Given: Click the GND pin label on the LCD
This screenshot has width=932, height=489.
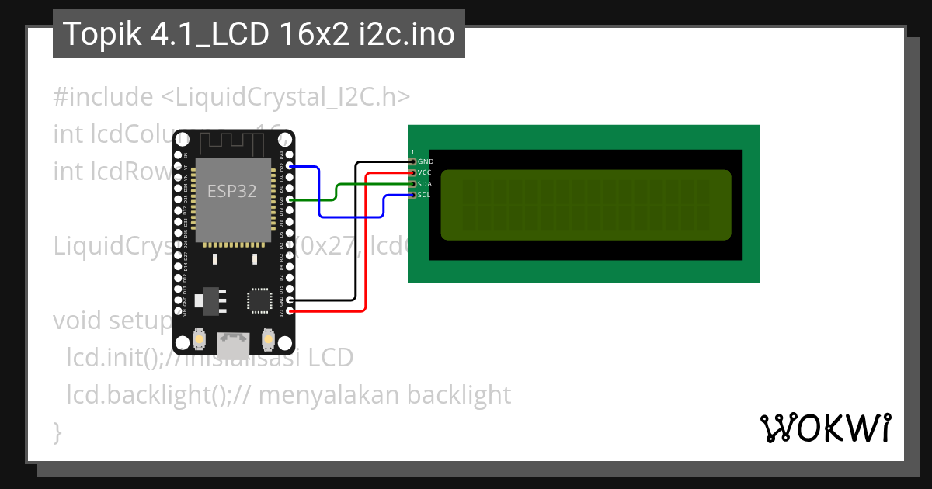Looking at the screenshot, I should (x=426, y=161).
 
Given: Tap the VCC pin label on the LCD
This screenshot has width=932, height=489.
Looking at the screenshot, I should (x=424, y=172).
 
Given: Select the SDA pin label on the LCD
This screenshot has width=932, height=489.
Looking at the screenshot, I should (x=424, y=184).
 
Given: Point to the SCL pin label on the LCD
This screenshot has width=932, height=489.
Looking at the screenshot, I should (x=424, y=195).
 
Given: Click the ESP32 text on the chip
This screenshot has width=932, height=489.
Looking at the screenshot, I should (x=231, y=191).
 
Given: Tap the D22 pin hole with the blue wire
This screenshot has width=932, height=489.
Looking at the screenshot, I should (x=290, y=166).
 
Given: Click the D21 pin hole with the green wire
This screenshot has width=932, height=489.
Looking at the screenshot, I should (x=290, y=199).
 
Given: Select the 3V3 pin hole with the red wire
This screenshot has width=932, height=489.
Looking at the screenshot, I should (x=290, y=311).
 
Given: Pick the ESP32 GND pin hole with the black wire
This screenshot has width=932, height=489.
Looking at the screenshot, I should (x=290, y=300).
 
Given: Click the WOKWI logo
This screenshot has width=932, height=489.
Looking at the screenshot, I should (x=825, y=428).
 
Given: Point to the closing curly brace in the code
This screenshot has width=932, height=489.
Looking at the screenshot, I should (x=57, y=432).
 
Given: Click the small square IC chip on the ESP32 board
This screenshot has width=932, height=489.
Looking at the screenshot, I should (x=259, y=300).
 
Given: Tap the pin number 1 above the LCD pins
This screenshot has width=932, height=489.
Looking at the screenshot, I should (x=412, y=152).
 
